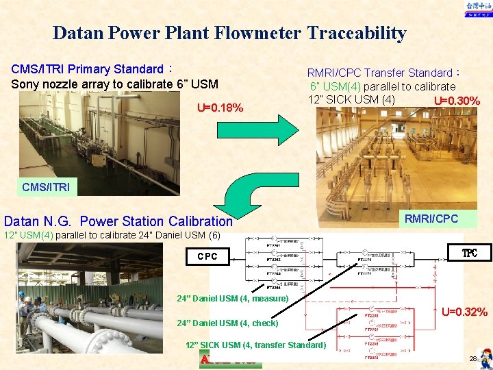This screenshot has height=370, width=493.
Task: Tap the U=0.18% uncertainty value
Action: tap(220, 108)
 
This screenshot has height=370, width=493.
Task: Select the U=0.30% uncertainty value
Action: tap(457, 101)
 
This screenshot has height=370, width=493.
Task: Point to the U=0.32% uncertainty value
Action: tap(464, 312)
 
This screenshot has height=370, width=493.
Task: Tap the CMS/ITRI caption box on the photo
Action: tap(45, 186)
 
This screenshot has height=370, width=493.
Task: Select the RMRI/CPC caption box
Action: tap(430, 219)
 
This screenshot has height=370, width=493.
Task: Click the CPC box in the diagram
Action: tap(207, 256)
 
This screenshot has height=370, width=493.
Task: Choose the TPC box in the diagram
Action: tap(469, 254)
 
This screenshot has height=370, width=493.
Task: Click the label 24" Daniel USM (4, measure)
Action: tap(232, 298)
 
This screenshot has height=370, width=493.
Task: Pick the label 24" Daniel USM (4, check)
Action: tap(227, 323)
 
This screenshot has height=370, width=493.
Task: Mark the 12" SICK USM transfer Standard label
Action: tap(255, 345)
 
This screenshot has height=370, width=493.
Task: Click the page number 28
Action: tap(472, 359)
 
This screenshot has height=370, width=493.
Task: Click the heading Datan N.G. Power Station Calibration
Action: tap(118, 221)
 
